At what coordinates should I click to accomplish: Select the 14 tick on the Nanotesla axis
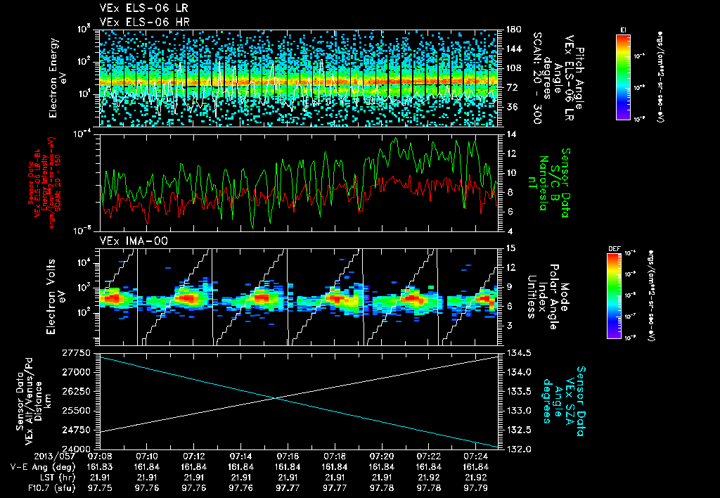[506, 134]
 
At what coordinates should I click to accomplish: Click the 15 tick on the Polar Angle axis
[506, 247]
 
